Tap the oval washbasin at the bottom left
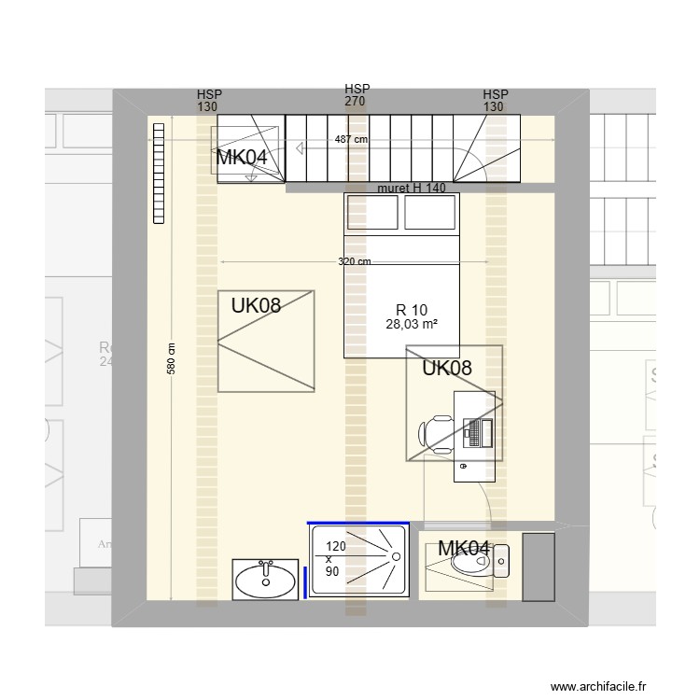pyautogui.click(x=267, y=579)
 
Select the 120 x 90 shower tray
pyautogui.click(x=358, y=560)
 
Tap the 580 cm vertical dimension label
pyautogui.click(x=171, y=357)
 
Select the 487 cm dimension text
pyautogui.click(x=351, y=140)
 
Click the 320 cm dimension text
pyautogui.click(x=355, y=262)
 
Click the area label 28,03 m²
pyautogui.click(x=412, y=324)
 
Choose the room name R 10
pyautogui.click(x=412, y=310)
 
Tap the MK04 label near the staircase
pyautogui.click(x=242, y=158)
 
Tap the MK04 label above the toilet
pyautogui.click(x=463, y=549)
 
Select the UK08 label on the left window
pyautogui.click(x=257, y=304)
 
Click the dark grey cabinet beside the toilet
pyautogui.click(x=539, y=567)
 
